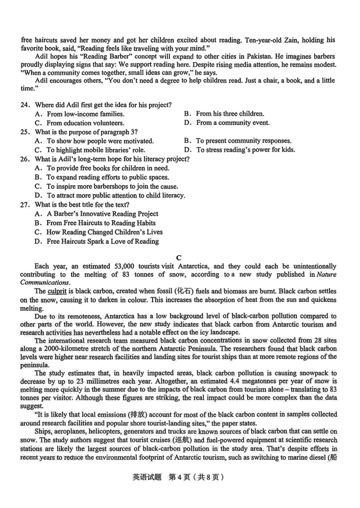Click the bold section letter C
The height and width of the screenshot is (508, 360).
click(179, 258)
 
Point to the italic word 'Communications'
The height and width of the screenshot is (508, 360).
click(45, 283)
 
